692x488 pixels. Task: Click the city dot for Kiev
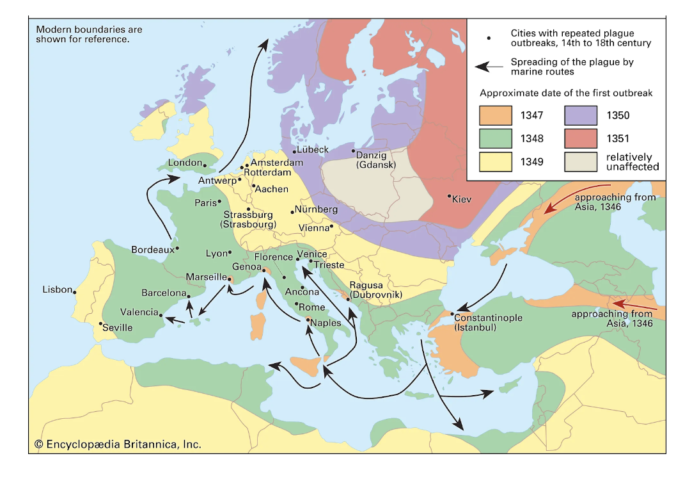(449, 196)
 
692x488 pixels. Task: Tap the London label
(185, 163)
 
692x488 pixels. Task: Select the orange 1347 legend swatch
(495, 115)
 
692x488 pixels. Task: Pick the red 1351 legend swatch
(581, 138)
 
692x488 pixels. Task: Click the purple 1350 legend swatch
(581, 115)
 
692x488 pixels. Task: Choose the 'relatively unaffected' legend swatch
(581, 161)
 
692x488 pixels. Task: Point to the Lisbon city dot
(75, 293)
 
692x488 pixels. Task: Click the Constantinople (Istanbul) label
(488, 322)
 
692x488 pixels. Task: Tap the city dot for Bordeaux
(177, 248)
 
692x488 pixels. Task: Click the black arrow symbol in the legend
(489, 66)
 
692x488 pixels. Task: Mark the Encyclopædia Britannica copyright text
(118, 444)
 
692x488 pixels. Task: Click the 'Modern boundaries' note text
(89, 34)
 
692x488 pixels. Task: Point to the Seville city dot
(100, 323)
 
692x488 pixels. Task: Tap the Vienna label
(313, 227)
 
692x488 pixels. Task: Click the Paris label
(206, 203)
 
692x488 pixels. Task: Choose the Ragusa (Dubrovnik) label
(375, 289)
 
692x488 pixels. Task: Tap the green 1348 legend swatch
(495, 138)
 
